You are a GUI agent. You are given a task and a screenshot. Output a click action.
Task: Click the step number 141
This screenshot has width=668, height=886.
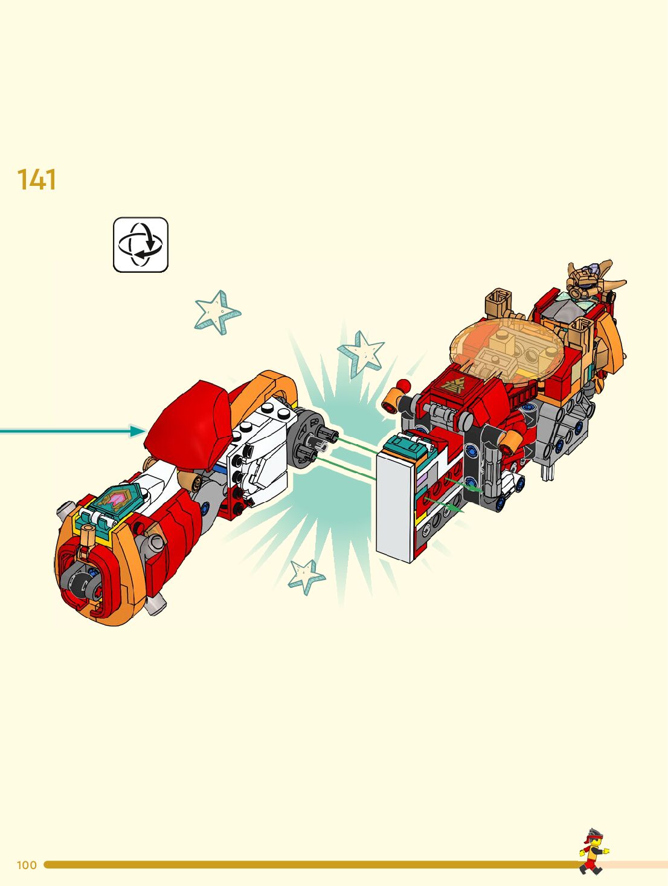pyautogui.click(x=37, y=180)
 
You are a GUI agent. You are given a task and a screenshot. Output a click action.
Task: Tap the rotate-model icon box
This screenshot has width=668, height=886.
pyautogui.click(x=141, y=245)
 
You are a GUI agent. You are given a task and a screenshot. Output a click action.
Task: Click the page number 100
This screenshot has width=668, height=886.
pyautogui.click(x=27, y=865)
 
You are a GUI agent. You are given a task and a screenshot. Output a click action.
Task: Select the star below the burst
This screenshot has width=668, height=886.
pyautogui.click(x=306, y=575)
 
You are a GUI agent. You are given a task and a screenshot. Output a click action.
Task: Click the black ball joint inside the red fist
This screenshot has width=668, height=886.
pyautogui.click(x=82, y=583)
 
